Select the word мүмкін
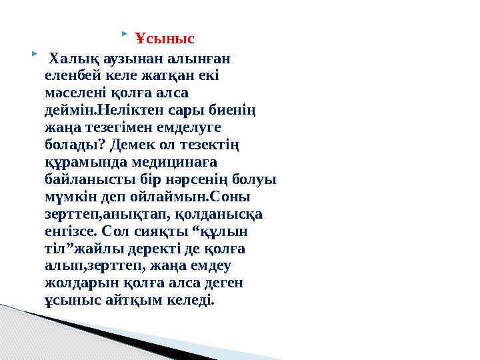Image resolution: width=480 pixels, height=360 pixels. pos(65,197)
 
